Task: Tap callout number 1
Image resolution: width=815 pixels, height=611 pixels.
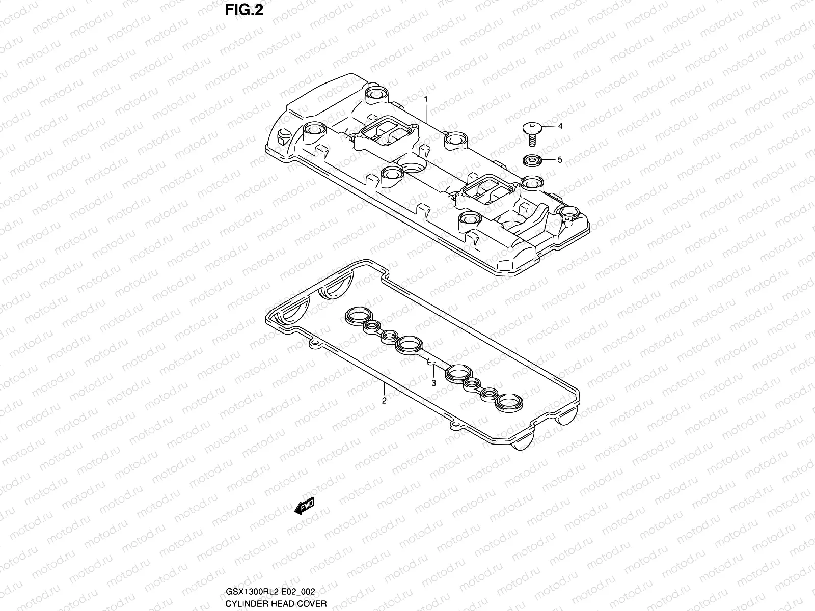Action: (x=426, y=98)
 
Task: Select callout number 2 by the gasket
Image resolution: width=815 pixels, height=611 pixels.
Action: (x=384, y=401)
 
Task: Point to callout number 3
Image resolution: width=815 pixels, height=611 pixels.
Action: (x=433, y=383)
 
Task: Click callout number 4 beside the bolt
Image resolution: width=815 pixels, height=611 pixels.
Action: (x=560, y=126)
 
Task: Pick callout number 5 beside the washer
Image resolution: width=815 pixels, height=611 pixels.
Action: (x=560, y=160)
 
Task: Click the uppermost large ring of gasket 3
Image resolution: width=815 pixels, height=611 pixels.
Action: (x=355, y=316)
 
